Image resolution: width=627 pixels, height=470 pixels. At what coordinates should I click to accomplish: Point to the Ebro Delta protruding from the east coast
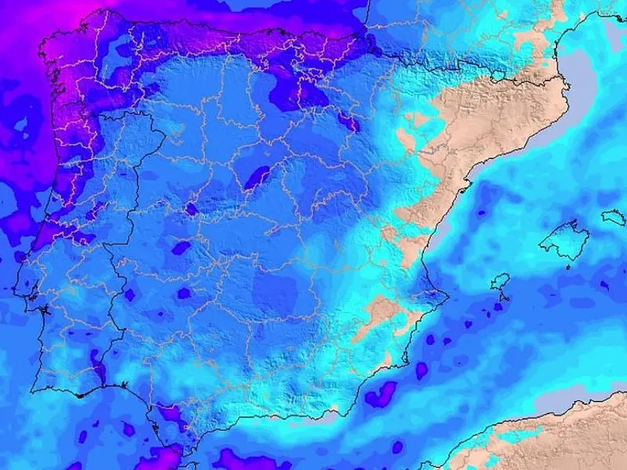coord(466,186)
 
